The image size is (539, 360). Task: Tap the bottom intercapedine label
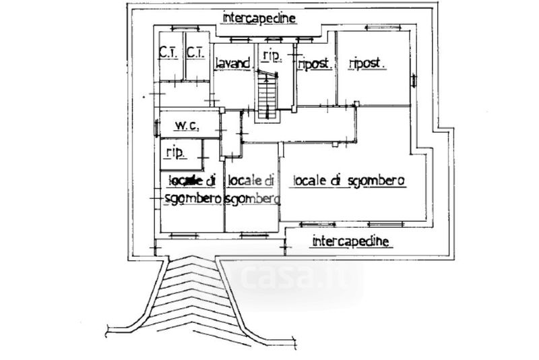coord(350,240)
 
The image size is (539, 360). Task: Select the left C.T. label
coord(168,52)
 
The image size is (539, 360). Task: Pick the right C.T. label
coord(195,52)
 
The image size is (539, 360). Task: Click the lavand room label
coord(232,63)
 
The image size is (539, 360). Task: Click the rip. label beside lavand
coord(272,55)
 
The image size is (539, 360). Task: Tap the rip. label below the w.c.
coord(172,152)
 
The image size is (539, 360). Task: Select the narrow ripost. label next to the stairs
coord(313,63)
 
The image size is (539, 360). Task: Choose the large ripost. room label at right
coord(367,63)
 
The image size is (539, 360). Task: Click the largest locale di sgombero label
coord(348,181)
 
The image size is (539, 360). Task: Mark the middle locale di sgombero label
coord(251,189)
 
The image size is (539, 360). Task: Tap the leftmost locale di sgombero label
coord(192,189)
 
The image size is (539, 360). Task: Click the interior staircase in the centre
coord(267,94)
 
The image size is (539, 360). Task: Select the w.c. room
coord(189,125)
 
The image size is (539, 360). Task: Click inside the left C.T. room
coord(168,67)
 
